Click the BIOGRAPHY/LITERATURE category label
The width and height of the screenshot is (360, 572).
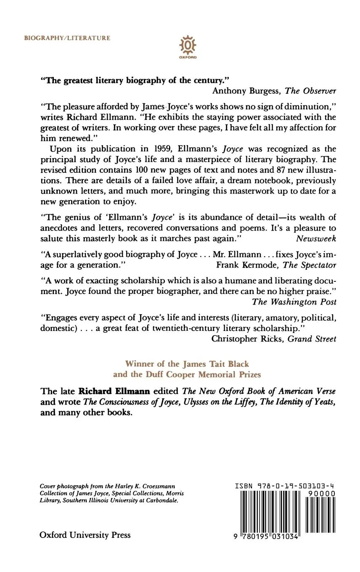[x=67, y=38]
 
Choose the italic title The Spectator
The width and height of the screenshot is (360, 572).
[x=310, y=265]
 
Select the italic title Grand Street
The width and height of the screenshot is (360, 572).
[x=312, y=339]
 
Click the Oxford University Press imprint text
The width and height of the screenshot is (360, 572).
[x=85, y=535]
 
